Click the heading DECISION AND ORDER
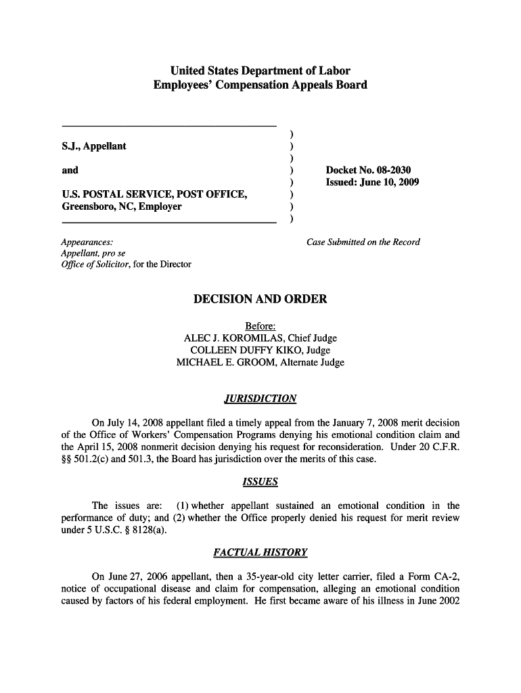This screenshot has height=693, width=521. tap(260, 299)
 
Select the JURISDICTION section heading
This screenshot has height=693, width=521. tap(260, 398)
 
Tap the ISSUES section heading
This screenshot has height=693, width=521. tap(260, 482)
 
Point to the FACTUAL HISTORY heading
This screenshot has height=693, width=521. tap(260, 552)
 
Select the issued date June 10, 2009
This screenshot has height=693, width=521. tap(392, 182)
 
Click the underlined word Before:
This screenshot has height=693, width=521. tap(260, 326)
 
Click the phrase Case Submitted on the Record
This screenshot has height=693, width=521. tap(363, 242)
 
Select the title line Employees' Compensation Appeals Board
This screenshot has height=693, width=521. tap(260, 85)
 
